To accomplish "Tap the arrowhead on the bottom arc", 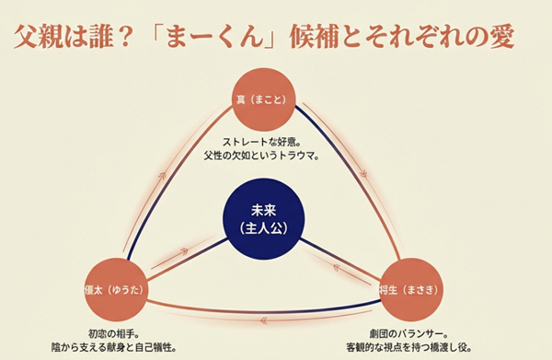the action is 262,320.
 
